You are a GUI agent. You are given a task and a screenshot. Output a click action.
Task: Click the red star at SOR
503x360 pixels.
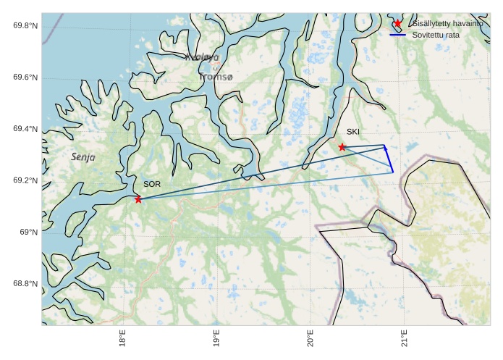tap(138, 199)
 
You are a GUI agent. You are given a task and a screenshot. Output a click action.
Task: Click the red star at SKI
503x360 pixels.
tap(342, 147)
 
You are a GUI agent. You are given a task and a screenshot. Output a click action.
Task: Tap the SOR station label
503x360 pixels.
tap(151, 185)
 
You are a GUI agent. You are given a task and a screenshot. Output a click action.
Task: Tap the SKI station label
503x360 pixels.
tap(352, 132)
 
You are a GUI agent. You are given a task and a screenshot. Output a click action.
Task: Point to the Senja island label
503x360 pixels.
tap(83, 156)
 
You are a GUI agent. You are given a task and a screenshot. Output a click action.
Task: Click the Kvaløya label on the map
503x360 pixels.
tap(201, 57)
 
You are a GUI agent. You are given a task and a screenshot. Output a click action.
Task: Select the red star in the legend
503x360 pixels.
tap(397, 24)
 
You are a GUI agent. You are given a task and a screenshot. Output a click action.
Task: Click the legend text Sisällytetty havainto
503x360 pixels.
tap(447, 24)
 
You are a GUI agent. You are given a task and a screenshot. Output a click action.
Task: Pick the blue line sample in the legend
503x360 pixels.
tap(397, 35)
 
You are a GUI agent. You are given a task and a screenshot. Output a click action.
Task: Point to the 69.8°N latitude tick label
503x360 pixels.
tap(25, 26)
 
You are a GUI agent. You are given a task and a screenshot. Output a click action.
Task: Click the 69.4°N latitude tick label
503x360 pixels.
tap(25, 129)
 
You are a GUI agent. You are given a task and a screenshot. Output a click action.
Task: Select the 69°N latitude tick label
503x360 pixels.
tap(29, 233)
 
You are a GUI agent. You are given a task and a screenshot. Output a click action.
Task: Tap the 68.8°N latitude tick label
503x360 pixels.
tap(25, 284)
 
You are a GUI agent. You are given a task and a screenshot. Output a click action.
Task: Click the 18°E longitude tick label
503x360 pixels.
tap(122, 340)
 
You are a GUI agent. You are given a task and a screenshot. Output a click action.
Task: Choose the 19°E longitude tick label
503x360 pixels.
tap(216, 340)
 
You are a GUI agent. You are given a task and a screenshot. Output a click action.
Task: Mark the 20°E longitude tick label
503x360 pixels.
tap(310, 340)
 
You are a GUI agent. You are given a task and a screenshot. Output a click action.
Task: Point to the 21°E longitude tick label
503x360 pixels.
tap(404, 340)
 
